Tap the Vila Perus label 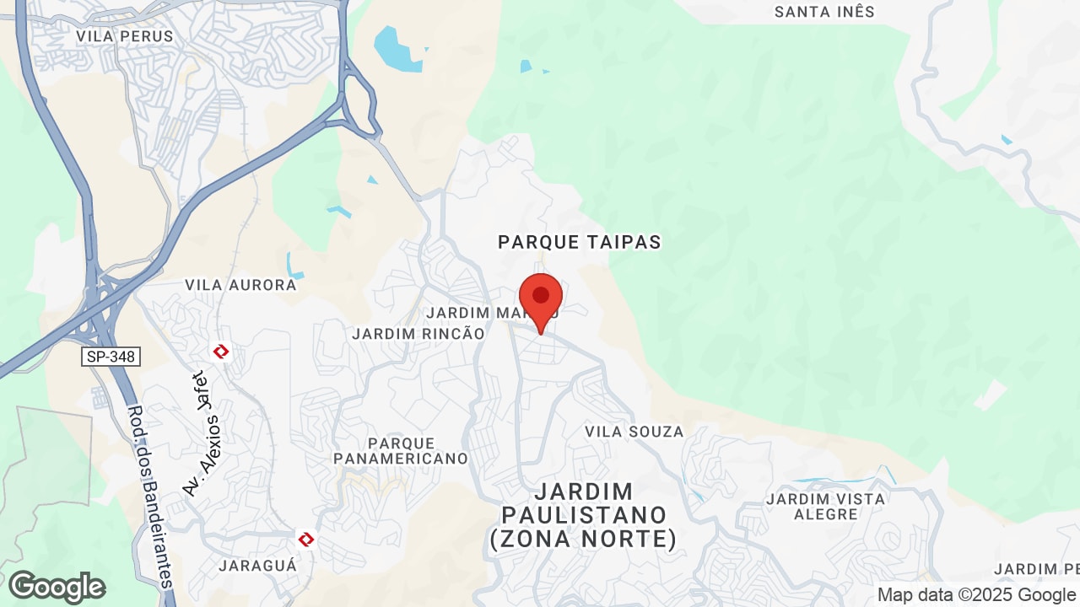coord(124,36)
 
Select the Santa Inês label coord(824,12)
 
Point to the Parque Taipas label coord(580,243)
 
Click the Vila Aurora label coord(240,285)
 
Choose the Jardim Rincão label coord(418,334)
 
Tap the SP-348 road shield coord(111,357)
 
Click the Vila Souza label coord(634,432)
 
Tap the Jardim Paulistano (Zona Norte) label coord(583,515)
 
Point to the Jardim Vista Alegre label coord(825,507)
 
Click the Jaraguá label coord(258,565)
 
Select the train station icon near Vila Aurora coord(222,351)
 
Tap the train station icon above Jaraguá coord(306,538)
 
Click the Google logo coord(57,587)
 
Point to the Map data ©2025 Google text coord(976,594)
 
